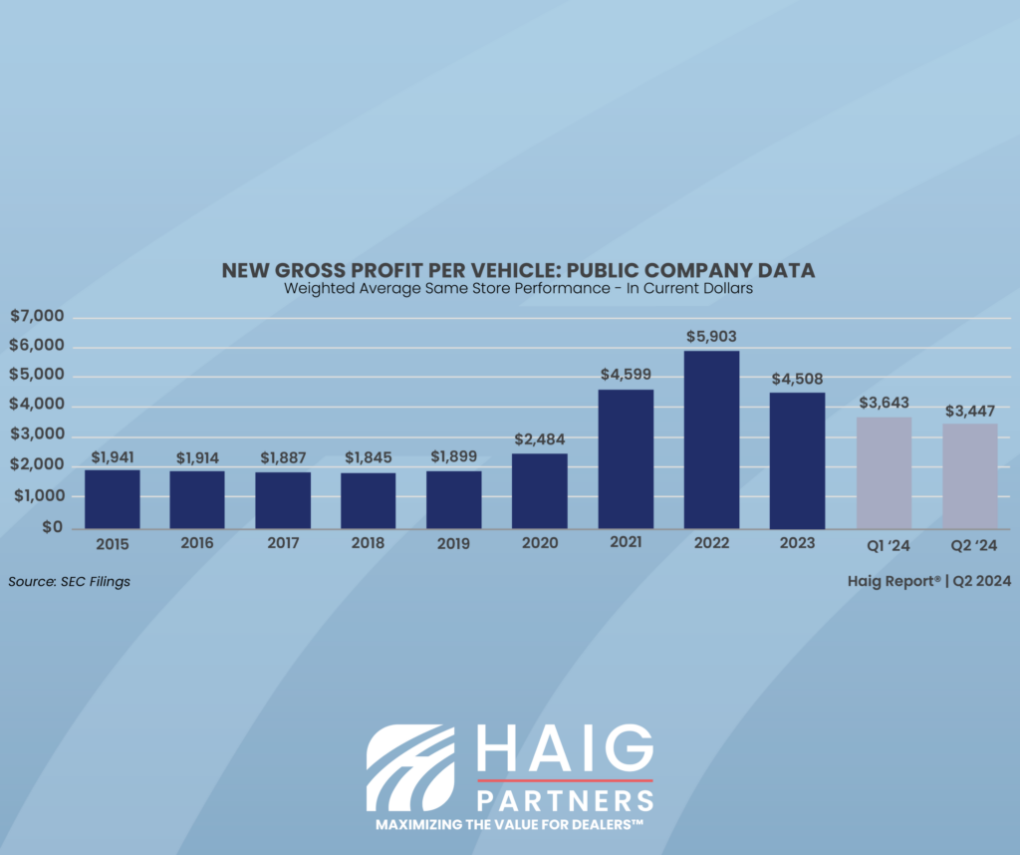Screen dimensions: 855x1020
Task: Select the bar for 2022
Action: pyautogui.click(x=711, y=438)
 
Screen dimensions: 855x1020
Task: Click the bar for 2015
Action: pyautogui.click(x=112, y=498)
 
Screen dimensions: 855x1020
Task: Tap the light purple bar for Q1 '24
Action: pyautogui.click(x=884, y=472)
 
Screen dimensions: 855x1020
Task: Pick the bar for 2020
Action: pyautogui.click(x=540, y=490)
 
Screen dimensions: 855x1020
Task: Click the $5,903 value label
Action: pyautogui.click(x=711, y=337)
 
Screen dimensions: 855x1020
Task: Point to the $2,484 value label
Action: pyautogui.click(x=540, y=439)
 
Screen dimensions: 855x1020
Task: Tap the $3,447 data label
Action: pyautogui.click(x=970, y=410)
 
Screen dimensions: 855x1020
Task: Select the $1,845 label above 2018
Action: pyautogui.click(x=369, y=457)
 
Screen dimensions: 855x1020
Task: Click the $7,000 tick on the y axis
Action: pyautogui.click(x=36, y=317)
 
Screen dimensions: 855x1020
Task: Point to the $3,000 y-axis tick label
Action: pyautogui.click(x=36, y=435)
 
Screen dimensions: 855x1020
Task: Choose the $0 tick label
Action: pyautogui.click(x=50, y=526)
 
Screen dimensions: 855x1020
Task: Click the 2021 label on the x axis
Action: pyautogui.click(x=626, y=543)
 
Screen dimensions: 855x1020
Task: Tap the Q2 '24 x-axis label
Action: pyautogui.click(x=970, y=544)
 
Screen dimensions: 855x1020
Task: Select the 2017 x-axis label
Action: pyautogui.click(x=283, y=543)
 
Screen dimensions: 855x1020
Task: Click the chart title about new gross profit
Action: pyautogui.click(x=518, y=271)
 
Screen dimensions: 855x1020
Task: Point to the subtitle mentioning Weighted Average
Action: pyautogui.click(x=518, y=289)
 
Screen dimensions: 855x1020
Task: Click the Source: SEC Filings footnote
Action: pyautogui.click(x=69, y=581)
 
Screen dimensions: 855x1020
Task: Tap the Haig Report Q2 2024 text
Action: pyautogui.click(x=932, y=581)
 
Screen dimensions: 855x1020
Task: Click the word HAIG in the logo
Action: pyautogui.click(x=565, y=749)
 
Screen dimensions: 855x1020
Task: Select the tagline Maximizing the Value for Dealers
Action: pyautogui.click(x=509, y=826)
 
